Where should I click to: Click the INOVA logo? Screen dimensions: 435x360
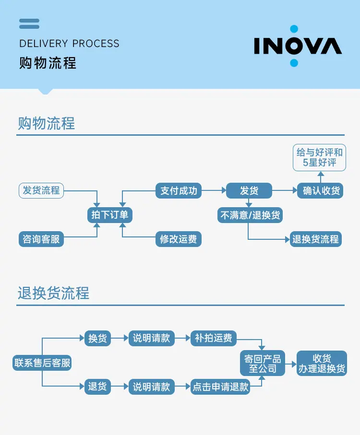tap(298, 46)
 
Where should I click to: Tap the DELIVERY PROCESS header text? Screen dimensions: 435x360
tap(69, 44)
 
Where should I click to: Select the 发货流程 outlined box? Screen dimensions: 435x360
tap(41, 190)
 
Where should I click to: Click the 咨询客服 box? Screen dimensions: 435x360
tap(41, 238)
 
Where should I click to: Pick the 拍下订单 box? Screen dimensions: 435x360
tap(110, 214)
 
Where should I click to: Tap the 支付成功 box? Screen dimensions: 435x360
tap(179, 190)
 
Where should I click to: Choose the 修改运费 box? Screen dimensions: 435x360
tap(179, 239)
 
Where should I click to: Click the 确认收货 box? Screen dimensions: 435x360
tap(321, 190)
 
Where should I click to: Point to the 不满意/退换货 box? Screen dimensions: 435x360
tap(250, 215)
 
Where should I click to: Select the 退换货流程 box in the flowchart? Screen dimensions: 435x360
tap(316, 239)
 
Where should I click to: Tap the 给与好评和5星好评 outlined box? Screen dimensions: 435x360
tap(320, 158)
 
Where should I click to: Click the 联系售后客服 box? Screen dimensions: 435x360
tap(43, 363)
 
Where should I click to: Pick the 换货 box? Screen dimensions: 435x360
tap(97, 338)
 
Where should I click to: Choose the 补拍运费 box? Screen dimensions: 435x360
tap(214, 338)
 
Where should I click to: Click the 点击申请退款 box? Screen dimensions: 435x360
tap(220, 387)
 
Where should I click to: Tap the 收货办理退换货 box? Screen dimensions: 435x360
tap(322, 363)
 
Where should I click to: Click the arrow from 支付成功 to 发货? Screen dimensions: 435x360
tap(214, 190)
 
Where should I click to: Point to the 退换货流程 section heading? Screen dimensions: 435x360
tap(53, 293)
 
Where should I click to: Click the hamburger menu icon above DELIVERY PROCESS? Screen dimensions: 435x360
tap(29, 24)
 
